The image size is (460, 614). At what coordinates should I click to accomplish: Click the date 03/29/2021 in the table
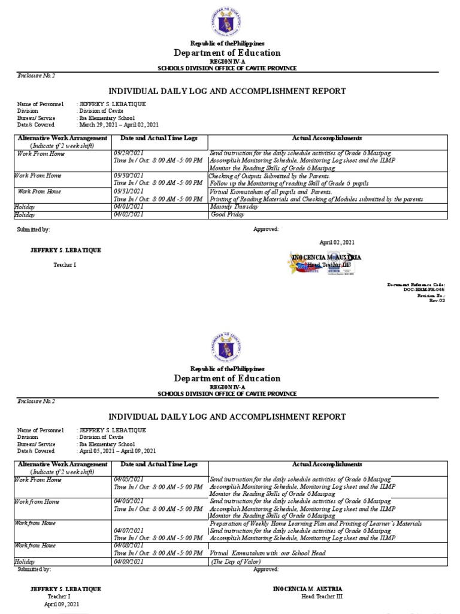pyautogui.click(x=128, y=153)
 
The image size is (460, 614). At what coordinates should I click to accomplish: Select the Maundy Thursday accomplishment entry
pyautogui.click(x=234, y=207)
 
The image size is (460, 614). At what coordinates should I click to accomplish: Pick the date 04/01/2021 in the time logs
pyautogui.click(x=128, y=207)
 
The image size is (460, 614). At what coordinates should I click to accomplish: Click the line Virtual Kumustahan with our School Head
pyautogui.click(x=268, y=553)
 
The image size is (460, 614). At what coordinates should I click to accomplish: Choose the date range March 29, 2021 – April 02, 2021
pyautogui.click(x=119, y=125)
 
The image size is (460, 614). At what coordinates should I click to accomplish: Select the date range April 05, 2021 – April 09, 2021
pyautogui.click(x=117, y=451)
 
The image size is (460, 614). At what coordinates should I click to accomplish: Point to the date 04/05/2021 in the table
pyautogui.click(x=128, y=480)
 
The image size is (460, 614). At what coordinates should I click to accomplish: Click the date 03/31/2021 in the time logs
pyautogui.click(x=128, y=191)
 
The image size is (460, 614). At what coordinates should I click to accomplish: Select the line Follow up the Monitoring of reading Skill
pyautogui.click(x=289, y=183)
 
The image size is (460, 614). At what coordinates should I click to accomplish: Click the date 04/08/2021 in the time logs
pyautogui.click(x=128, y=546)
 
